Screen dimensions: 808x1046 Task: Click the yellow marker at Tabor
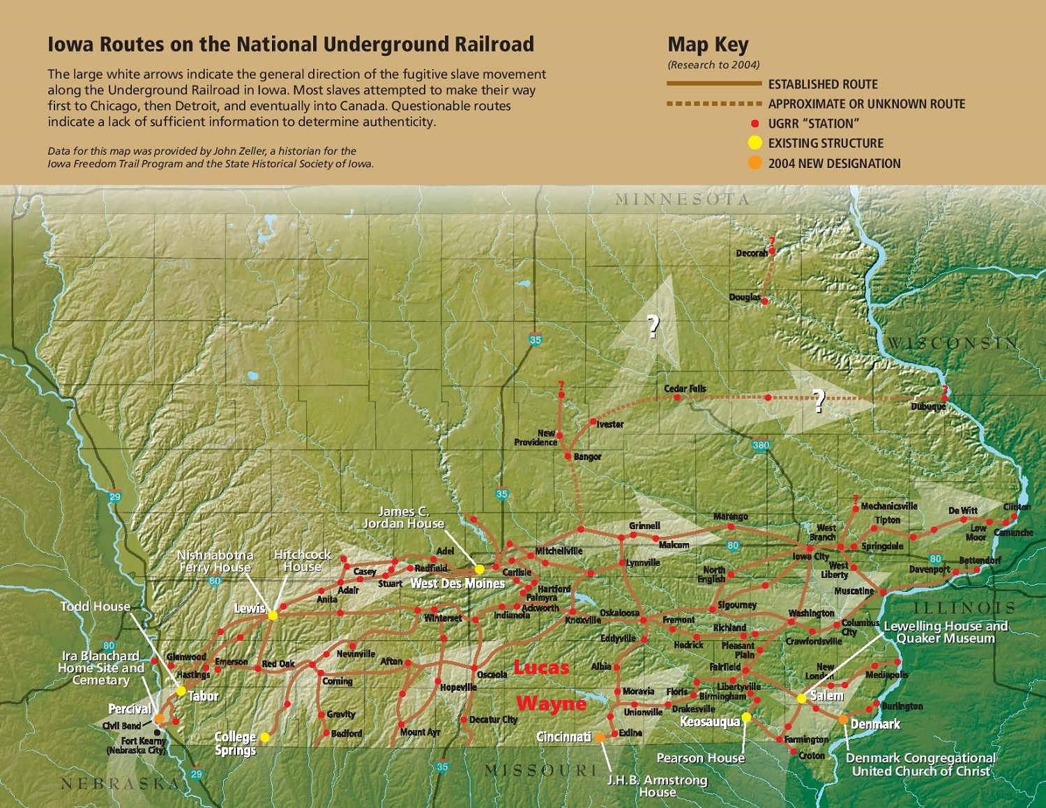point(181,691)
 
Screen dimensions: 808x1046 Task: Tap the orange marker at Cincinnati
point(600,737)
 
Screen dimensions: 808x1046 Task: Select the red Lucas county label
point(541,668)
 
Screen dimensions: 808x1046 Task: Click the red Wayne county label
point(551,703)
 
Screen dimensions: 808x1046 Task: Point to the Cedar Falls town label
point(685,388)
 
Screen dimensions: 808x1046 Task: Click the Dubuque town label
point(928,406)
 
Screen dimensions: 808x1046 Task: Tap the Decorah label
point(751,253)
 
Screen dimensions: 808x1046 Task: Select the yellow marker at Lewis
point(273,616)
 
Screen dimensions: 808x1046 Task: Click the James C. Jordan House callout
point(403,517)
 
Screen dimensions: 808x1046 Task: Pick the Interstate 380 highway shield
point(761,445)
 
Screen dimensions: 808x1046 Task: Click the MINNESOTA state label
point(682,199)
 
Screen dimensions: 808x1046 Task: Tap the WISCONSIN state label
point(952,343)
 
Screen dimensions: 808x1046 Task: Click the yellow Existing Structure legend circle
point(755,143)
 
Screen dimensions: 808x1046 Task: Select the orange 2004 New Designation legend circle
point(755,163)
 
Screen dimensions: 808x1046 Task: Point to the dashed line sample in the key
point(714,104)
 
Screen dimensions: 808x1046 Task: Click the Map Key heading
point(708,45)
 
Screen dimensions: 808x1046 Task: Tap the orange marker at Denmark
point(844,719)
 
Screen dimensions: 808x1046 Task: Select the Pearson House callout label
point(700,758)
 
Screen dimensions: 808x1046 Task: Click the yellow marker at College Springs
point(265,737)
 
